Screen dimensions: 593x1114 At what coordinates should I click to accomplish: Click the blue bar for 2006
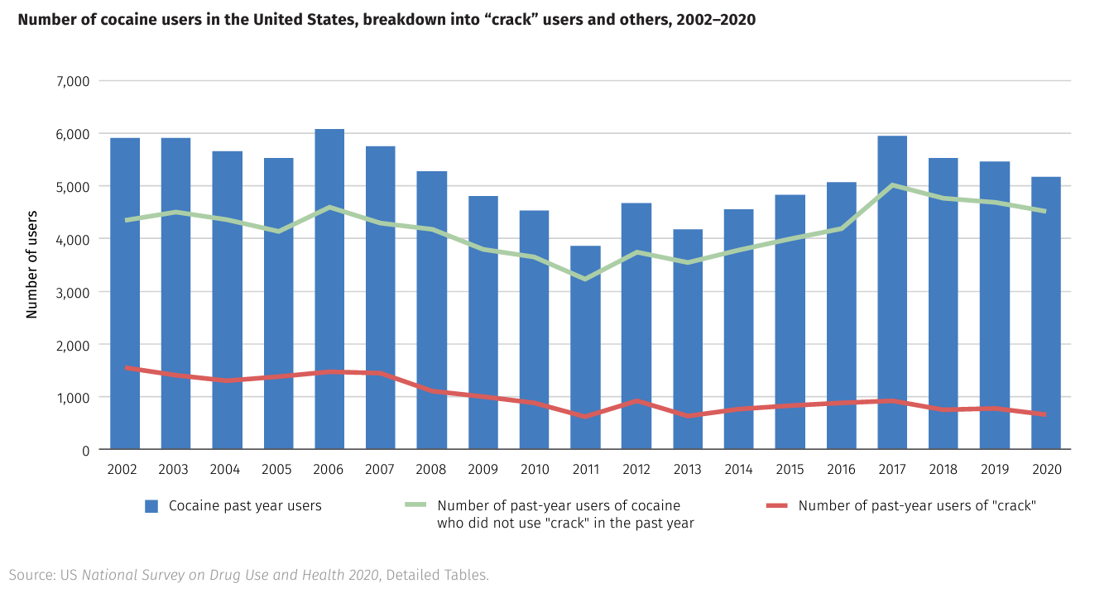(329, 289)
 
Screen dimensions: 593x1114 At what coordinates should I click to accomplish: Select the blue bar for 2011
(585, 347)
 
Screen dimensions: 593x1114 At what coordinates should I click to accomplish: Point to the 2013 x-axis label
(687, 470)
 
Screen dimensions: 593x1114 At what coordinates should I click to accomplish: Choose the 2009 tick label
(483, 470)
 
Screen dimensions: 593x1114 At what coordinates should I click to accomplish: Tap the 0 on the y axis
(85, 450)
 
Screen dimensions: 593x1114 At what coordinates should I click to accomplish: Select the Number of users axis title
(32, 265)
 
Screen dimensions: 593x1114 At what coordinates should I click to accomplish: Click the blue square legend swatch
(151, 506)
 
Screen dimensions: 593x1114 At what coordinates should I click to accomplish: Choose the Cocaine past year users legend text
(245, 506)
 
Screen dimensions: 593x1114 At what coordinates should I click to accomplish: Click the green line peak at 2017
(892, 185)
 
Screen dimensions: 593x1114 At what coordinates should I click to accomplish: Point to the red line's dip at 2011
(585, 416)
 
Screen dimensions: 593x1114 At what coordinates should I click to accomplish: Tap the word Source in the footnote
(31, 575)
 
